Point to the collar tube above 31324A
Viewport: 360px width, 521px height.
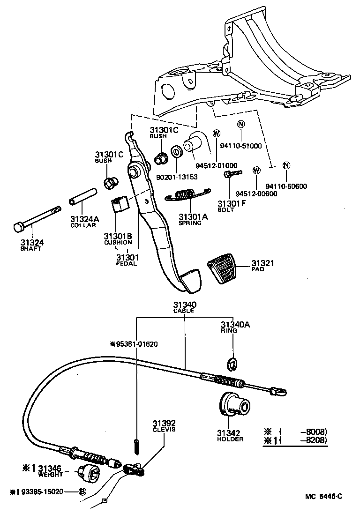pyautogui.click(x=83, y=199)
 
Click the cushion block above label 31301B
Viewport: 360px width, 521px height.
pyautogui.click(x=120, y=204)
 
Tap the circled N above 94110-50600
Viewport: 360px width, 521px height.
pyautogui.click(x=286, y=165)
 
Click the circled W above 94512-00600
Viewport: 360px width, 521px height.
pyautogui.click(x=256, y=170)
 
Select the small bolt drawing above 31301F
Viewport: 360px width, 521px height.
pyautogui.click(x=232, y=174)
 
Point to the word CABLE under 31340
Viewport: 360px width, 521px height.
pyautogui.click(x=183, y=311)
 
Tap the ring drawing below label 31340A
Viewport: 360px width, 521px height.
pyautogui.click(x=232, y=362)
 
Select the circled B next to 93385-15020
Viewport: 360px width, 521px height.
pyautogui.click(x=82, y=491)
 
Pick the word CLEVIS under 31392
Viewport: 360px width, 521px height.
pyautogui.click(x=164, y=430)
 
